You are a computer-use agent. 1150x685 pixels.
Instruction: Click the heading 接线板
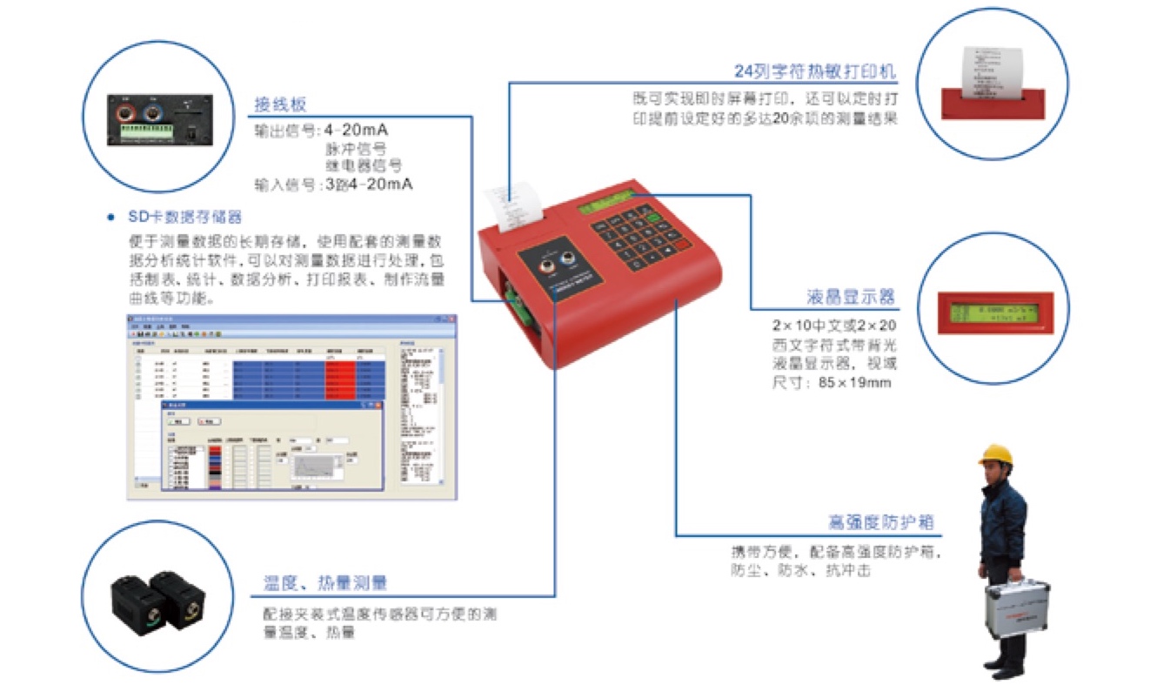coord(279,104)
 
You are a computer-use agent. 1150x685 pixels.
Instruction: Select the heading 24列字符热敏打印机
coord(815,71)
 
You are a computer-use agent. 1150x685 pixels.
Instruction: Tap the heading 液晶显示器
coord(850,297)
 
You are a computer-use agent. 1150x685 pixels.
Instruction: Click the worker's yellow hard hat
coord(995,454)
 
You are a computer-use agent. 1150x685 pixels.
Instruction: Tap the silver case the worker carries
coord(1016,608)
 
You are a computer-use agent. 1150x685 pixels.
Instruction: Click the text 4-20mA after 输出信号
coord(356,131)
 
